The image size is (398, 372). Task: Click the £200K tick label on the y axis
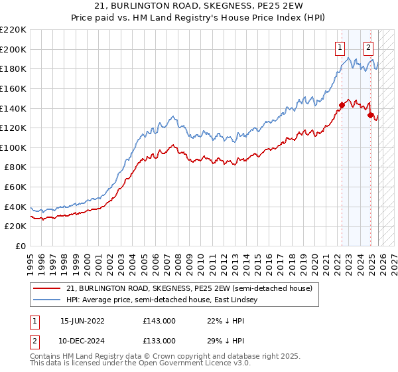coord(13,49)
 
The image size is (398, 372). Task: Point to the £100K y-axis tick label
coord(13,147)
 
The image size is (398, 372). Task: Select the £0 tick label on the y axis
coord(20,246)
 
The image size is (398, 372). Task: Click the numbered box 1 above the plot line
coord(340,47)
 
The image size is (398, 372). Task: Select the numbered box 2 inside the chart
coord(368,47)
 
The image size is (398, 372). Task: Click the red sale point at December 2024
coord(370,115)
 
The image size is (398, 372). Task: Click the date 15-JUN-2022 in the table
coord(82,320)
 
